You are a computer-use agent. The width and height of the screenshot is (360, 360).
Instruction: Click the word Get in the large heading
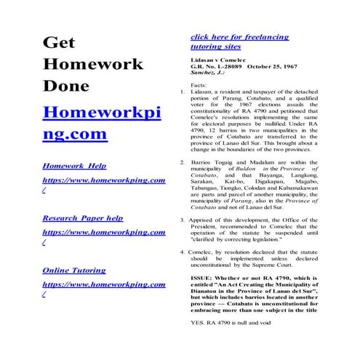tap(60, 43)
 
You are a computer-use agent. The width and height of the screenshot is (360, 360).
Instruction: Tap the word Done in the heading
tap(66, 86)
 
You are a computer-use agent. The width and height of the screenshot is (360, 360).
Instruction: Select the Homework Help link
tap(74, 165)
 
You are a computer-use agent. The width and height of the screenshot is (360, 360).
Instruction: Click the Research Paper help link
tap(82, 217)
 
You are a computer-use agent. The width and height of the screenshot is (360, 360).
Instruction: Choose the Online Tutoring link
tap(73, 270)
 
